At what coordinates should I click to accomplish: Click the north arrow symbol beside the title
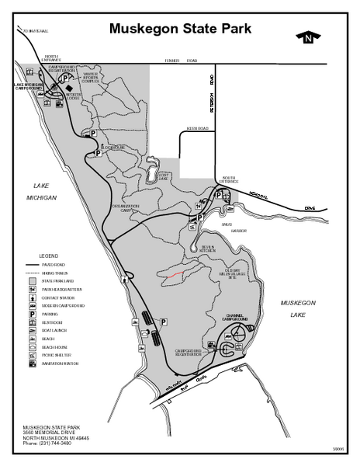pyautogui.click(x=309, y=37)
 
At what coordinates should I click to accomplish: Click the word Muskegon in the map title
pyautogui.click(x=144, y=30)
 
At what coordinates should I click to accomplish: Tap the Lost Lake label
pyautogui.click(x=163, y=176)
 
